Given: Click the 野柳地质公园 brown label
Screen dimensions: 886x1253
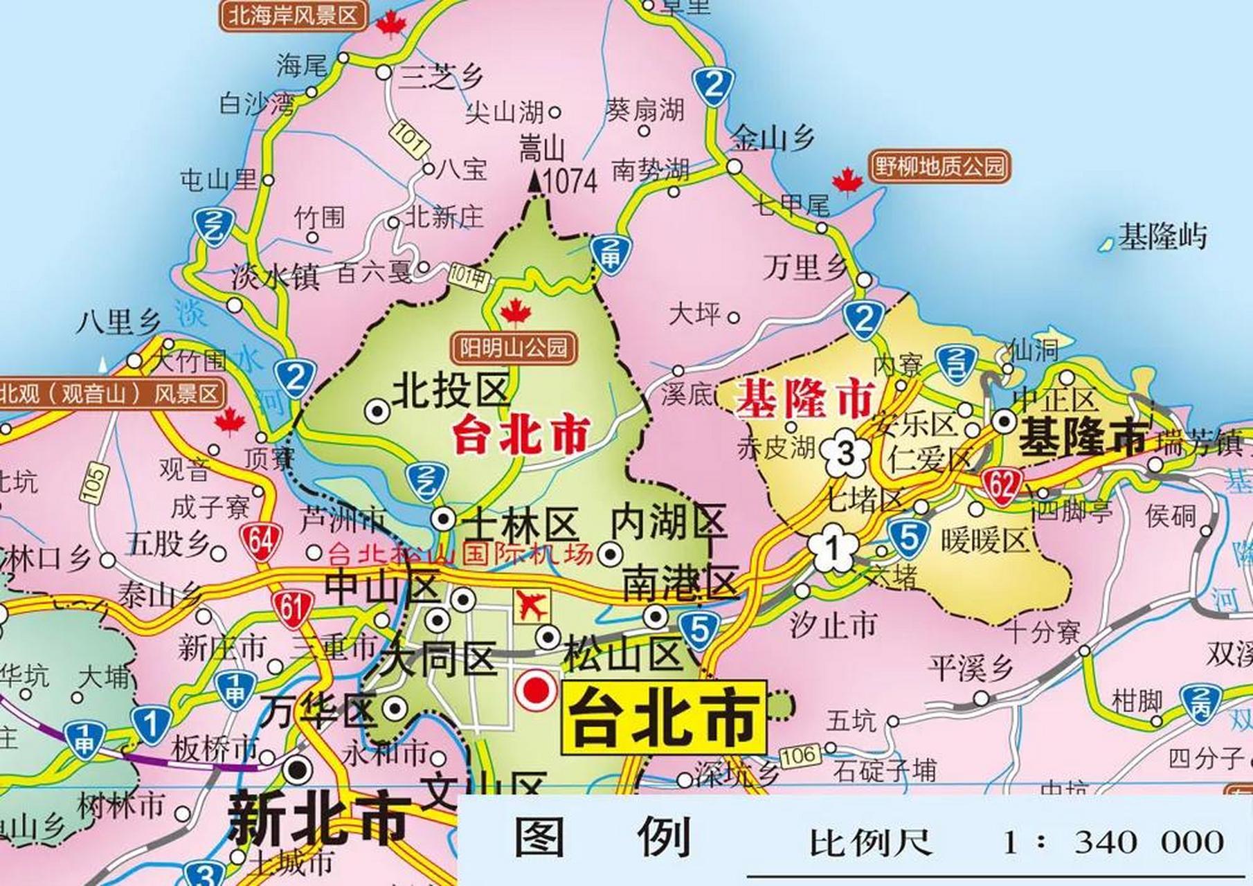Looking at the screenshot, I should coord(939,166).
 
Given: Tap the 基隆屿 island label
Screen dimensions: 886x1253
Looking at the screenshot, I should coord(1162,237).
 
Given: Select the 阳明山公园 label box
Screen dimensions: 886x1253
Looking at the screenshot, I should coord(514,347).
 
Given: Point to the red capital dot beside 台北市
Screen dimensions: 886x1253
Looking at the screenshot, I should coord(539,690).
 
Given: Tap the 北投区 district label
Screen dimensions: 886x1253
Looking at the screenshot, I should coord(451,390).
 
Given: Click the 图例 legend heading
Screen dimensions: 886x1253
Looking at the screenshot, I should coord(602,837).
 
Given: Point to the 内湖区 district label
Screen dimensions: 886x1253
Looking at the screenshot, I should coord(668,523).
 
